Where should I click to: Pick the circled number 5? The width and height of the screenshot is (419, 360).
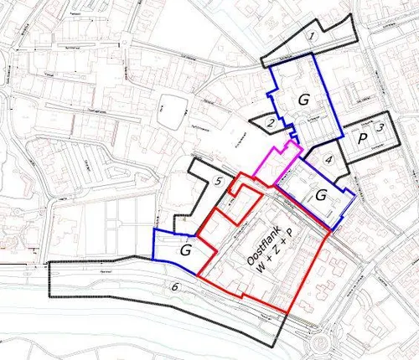[x=217, y=181]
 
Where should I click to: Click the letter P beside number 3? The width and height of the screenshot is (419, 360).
[x=364, y=139]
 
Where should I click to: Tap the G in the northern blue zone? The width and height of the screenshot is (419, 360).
[x=304, y=100]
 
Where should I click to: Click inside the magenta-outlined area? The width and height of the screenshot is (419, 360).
[x=277, y=164]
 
